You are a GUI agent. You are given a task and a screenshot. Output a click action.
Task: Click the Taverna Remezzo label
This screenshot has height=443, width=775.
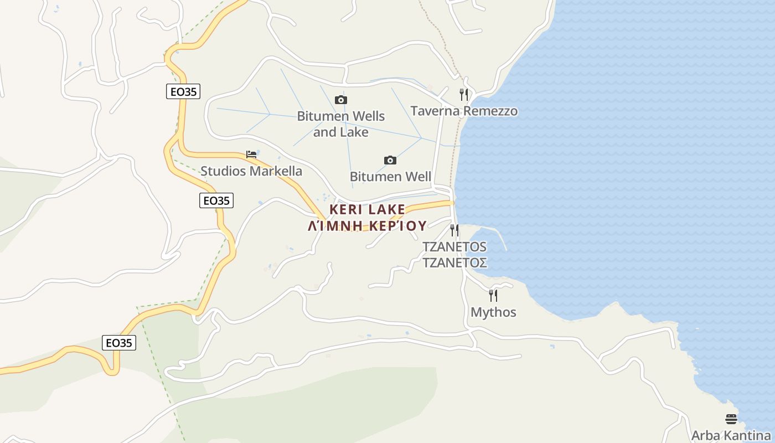coord(464,111)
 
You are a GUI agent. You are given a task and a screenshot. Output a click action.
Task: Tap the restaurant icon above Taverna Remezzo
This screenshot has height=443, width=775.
coord(464,95)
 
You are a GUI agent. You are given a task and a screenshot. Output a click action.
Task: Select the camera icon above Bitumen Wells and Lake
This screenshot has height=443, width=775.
coord(341,100)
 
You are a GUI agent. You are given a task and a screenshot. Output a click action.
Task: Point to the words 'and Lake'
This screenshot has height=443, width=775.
coord(340,132)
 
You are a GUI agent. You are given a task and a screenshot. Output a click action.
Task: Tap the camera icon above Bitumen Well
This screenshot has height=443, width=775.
coord(390,161)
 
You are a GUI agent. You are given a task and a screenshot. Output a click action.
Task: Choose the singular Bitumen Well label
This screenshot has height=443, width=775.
coord(390,177)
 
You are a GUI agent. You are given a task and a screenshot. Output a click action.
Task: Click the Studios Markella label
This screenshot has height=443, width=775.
coord(251,171)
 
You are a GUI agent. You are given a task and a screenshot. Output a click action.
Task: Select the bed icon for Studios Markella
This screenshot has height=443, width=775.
coord(251,154)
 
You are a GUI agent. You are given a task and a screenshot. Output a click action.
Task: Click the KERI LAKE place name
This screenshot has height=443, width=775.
coord(368,209)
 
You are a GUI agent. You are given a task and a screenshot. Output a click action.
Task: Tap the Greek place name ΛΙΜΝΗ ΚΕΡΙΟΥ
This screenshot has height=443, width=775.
coord(368,225)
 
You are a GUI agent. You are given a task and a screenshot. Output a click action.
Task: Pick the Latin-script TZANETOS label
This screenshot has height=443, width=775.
coord(454,246)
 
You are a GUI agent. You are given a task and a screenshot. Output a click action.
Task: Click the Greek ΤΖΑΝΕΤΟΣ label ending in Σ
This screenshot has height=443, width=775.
coord(454,262)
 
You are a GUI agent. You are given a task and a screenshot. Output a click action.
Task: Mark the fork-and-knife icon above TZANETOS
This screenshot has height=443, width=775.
coord(454,230)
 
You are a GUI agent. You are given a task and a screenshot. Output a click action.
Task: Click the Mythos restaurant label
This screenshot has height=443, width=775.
coord(493,312)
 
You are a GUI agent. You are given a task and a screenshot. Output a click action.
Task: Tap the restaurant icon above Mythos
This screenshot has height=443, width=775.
coord(493,296)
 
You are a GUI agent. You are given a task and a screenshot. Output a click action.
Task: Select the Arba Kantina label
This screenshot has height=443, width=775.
coord(731,435)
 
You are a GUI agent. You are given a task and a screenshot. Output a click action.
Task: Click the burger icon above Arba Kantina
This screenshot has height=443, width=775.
coord(731,419)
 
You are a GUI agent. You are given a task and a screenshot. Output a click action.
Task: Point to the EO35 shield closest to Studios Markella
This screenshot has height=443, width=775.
coord(216,200)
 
